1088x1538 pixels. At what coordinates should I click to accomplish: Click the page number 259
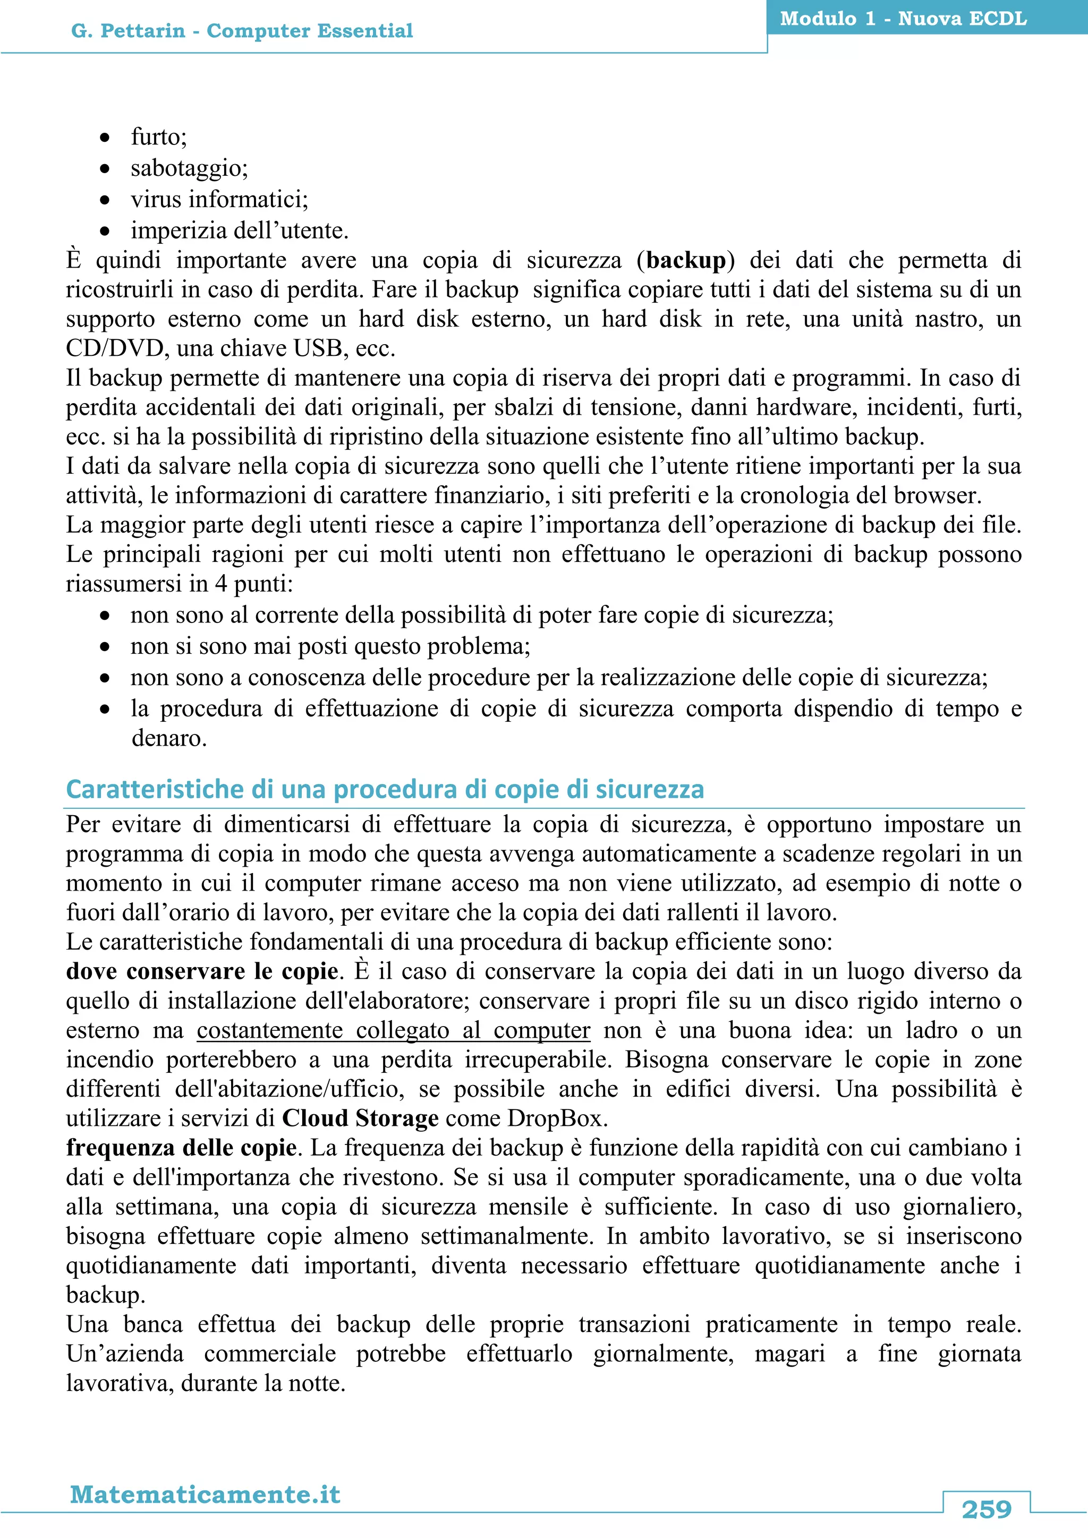click(x=986, y=1509)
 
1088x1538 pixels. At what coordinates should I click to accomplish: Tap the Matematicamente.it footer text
click(x=205, y=1494)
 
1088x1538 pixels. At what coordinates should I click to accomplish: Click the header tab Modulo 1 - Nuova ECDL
click(x=903, y=18)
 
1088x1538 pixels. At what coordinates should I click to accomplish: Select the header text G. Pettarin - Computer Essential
click(x=242, y=31)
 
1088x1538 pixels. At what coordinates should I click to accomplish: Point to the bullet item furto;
click(x=159, y=136)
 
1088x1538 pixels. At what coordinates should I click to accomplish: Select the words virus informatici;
click(x=219, y=199)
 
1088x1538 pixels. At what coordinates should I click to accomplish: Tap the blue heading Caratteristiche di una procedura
click(x=385, y=789)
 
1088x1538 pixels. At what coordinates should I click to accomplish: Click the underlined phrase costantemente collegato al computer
click(x=393, y=1030)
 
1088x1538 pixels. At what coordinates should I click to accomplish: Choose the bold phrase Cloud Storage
click(x=360, y=1118)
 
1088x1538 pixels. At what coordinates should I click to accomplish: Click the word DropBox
click(x=556, y=1118)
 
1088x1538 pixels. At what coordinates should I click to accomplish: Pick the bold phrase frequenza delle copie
click(x=181, y=1148)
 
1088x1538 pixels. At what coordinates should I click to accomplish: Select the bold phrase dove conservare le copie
click(x=202, y=971)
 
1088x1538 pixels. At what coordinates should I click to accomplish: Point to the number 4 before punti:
click(x=220, y=584)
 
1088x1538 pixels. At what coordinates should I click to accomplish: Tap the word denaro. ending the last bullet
click(x=169, y=738)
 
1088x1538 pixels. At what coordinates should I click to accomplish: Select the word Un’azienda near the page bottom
click(x=125, y=1354)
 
